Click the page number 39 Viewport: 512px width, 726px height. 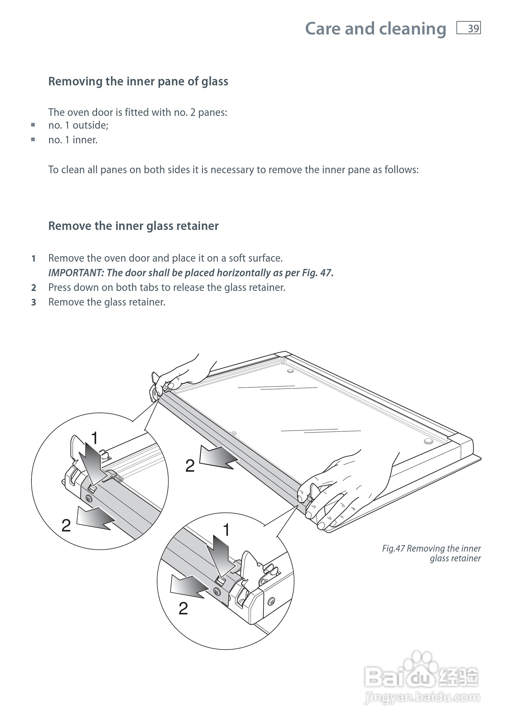click(x=473, y=29)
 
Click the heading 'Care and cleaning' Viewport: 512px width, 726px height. click(x=376, y=29)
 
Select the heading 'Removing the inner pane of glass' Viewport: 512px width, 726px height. click(x=138, y=82)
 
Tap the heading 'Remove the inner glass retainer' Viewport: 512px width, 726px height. click(x=133, y=226)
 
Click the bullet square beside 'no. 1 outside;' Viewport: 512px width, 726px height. click(x=33, y=125)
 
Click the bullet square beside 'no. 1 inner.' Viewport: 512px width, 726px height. click(x=33, y=139)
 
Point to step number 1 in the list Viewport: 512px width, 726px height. click(x=34, y=259)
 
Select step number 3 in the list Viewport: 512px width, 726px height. click(x=34, y=302)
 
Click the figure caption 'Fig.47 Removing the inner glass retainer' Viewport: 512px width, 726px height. click(x=432, y=553)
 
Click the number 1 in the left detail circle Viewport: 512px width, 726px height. click(x=94, y=438)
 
